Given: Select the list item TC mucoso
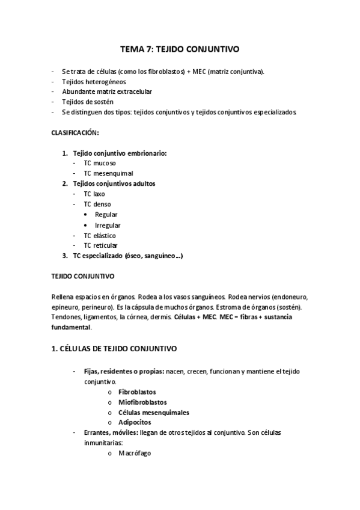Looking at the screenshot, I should pyautogui.click(x=100, y=163).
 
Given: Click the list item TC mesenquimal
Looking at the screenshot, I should pyautogui.click(x=108, y=173).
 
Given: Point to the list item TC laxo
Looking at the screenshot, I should pyautogui.click(x=94, y=194).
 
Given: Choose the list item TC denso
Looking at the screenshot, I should pyautogui.click(x=97, y=204).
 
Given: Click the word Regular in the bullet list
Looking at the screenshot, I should pyautogui.click(x=106, y=215).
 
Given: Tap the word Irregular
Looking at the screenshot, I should pyautogui.click(x=108, y=226).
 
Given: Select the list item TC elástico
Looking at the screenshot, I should pyautogui.click(x=100, y=236).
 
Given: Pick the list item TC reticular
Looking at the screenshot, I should pyautogui.click(x=101, y=246).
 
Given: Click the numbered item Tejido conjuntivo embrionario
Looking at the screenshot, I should pyautogui.click(x=119, y=153).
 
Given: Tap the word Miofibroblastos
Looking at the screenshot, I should pyautogui.click(x=143, y=402).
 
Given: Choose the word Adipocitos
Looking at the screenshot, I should pyautogui.click(x=135, y=422).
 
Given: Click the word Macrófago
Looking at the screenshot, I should pyautogui.click(x=135, y=453).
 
